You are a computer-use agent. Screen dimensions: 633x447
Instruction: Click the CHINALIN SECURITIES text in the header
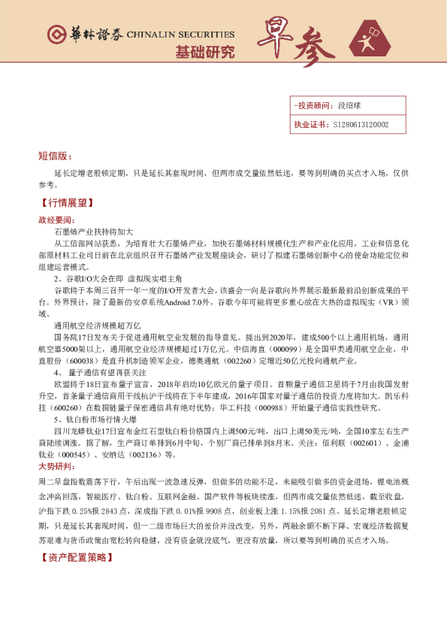point(180,35)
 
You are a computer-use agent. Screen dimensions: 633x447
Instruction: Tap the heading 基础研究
point(204,53)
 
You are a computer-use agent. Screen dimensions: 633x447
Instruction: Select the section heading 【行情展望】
point(66,204)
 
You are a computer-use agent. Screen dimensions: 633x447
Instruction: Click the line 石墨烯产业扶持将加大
point(94,232)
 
